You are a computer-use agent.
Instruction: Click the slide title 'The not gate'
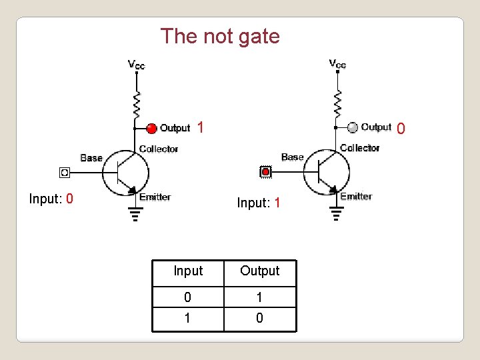(220, 36)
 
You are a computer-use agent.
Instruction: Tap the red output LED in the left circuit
(151, 128)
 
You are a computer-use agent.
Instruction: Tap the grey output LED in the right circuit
(353, 127)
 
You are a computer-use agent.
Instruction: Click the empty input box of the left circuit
(65, 173)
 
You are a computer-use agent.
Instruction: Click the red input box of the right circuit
(265, 173)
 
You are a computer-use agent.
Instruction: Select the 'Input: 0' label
(51, 199)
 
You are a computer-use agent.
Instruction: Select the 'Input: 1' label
(259, 203)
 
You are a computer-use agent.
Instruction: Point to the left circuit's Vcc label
(136, 65)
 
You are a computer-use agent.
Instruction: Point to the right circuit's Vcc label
(337, 64)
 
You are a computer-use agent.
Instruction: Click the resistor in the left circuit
(136, 103)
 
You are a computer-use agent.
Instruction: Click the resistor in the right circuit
(337, 102)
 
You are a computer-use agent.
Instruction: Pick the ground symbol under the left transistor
(136, 213)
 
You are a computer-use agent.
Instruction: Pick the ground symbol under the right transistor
(337, 213)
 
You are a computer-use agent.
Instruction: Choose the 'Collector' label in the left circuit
(159, 149)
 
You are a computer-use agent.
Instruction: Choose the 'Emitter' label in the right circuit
(357, 196)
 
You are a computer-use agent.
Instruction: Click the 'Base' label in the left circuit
(91, 158)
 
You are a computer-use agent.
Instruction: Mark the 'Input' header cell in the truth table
(188, 271)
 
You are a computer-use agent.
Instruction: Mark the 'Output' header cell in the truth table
(259, 271)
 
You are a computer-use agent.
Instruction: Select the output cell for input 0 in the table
(259, 297)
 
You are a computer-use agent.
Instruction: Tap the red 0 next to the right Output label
(400, 127)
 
